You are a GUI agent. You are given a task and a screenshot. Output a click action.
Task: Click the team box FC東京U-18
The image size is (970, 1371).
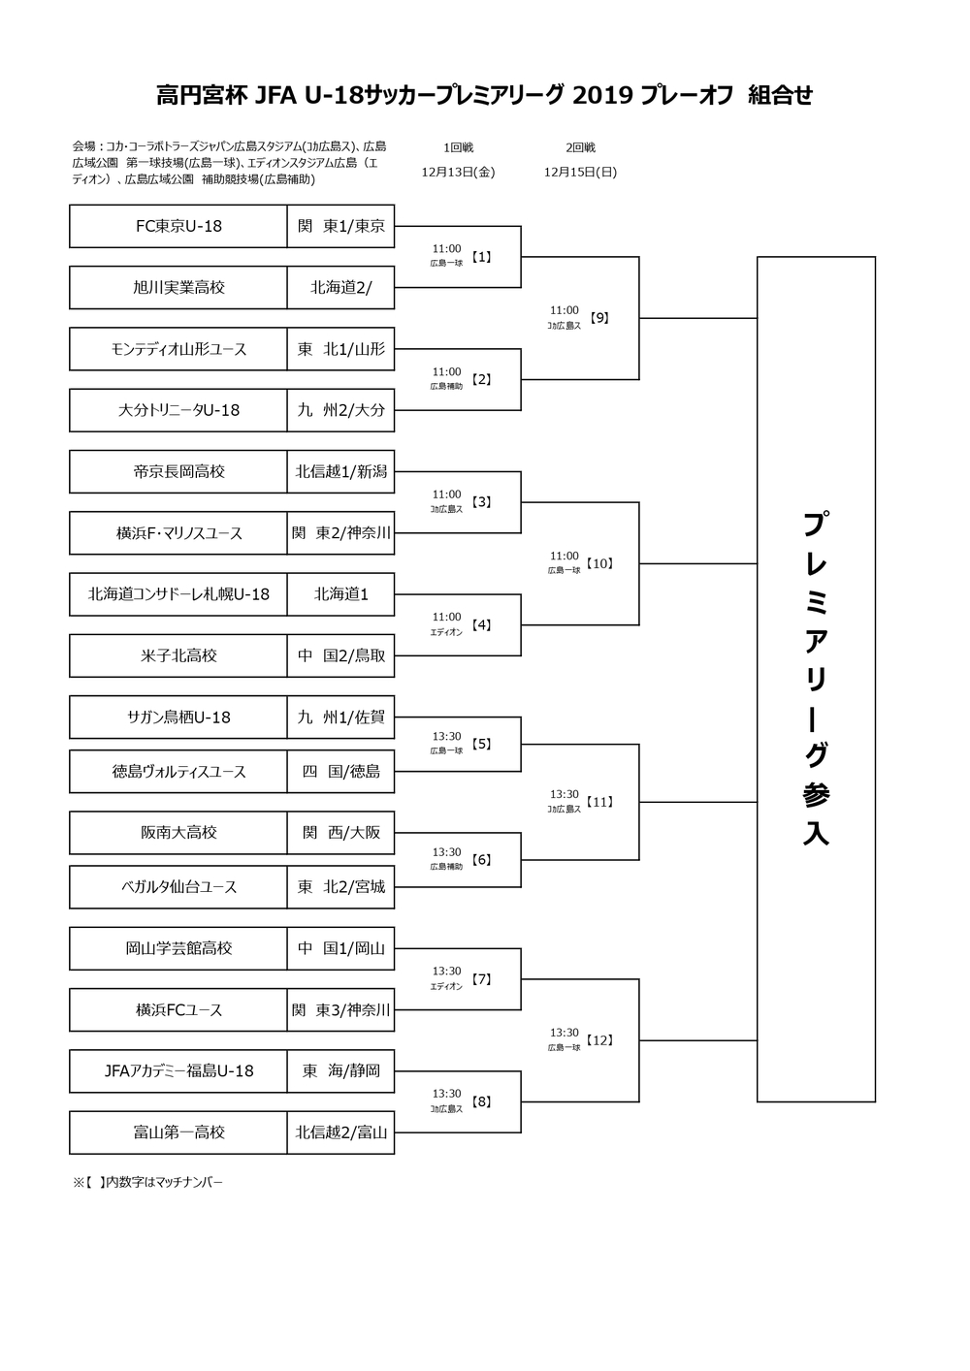178,226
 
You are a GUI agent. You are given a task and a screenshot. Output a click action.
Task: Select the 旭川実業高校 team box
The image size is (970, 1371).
178,287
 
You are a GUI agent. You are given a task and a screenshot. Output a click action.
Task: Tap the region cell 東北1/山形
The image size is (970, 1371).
340,349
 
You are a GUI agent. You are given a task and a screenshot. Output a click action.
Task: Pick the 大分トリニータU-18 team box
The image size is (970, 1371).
178,410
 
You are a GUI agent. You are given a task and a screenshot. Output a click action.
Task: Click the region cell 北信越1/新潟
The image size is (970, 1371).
340,471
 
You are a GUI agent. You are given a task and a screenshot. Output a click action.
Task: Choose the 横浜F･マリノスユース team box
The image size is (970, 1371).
178,533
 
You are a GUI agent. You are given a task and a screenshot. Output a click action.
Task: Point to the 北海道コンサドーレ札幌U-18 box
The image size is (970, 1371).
178,594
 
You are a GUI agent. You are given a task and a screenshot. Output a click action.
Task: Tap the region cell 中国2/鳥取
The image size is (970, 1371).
340,655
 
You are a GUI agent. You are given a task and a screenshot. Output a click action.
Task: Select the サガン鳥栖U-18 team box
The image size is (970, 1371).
178,717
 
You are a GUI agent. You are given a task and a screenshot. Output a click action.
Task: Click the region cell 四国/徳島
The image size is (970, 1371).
340,771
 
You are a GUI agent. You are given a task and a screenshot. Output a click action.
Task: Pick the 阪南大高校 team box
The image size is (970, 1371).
178,832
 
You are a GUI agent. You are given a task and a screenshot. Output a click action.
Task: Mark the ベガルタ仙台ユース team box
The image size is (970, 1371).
178,886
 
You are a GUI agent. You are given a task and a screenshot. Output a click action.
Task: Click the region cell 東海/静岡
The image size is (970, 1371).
340,1071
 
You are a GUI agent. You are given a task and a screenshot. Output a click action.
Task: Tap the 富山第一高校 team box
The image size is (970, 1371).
178,1132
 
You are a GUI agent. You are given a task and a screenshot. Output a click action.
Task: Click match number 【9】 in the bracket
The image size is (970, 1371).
599,318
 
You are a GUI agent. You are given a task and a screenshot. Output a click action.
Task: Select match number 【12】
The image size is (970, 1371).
599,1039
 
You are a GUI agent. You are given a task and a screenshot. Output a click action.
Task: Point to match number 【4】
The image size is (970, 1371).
481,625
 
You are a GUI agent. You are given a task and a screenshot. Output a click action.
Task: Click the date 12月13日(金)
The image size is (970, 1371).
458,172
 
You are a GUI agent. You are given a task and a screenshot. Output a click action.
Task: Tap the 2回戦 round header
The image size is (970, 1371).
580,147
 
